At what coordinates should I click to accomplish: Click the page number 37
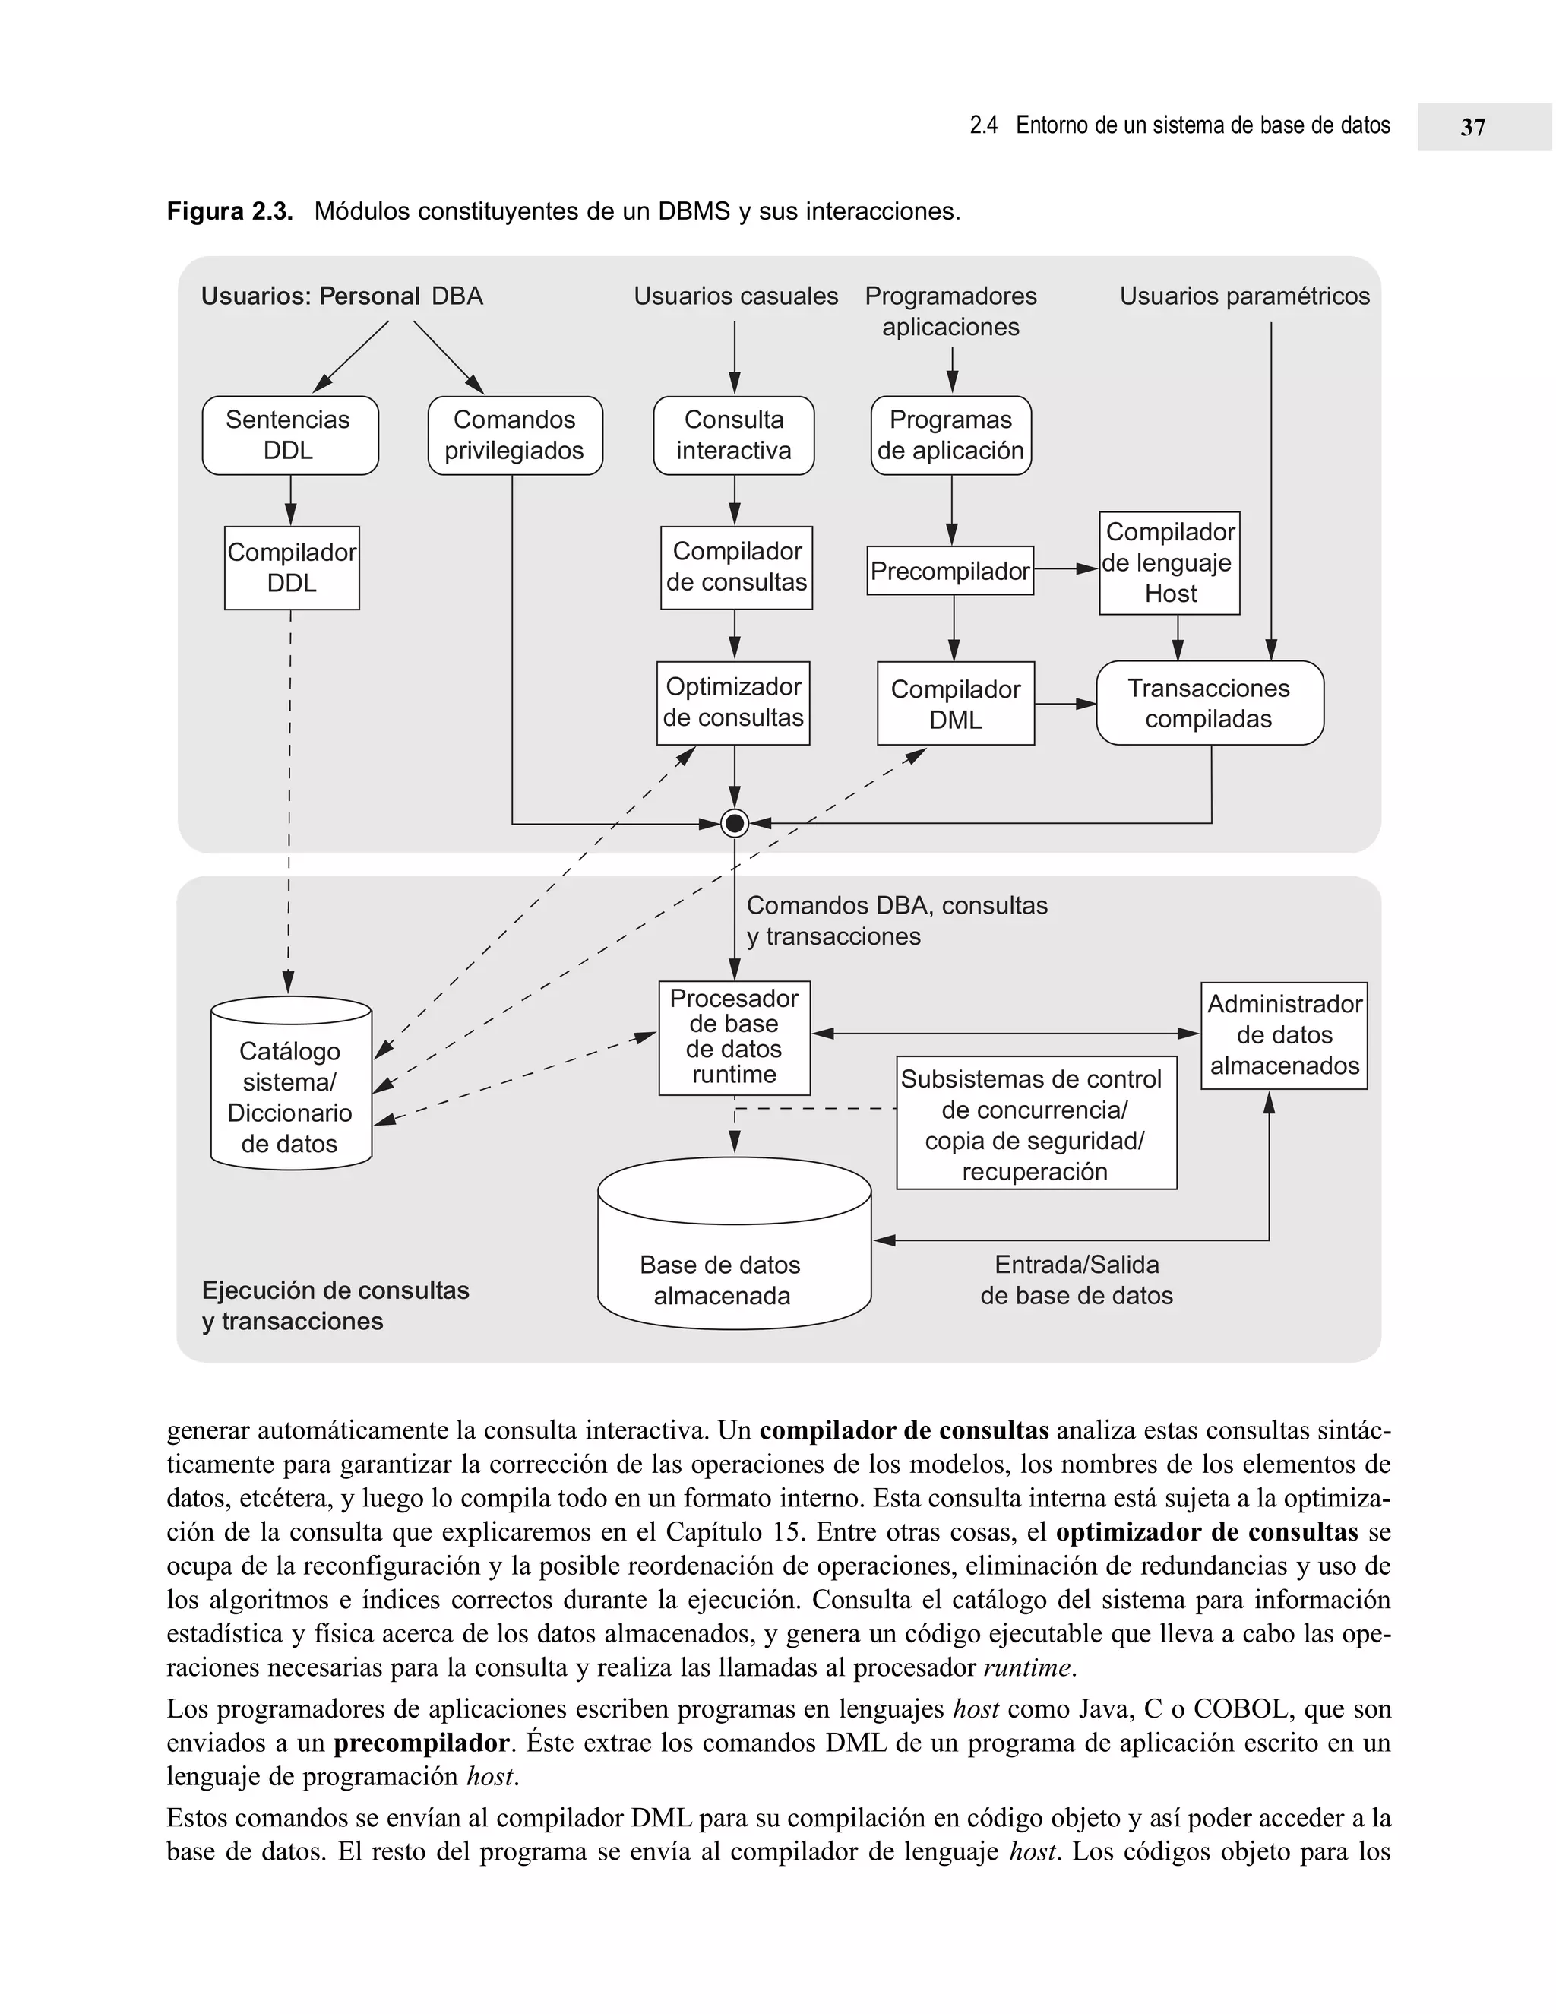1472,127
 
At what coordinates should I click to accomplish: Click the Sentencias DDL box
289,435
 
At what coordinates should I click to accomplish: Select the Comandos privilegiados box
514,435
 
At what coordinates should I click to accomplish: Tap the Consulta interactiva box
734,435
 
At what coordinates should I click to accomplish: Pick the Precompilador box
950,571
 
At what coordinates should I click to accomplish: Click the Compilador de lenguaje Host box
1169,562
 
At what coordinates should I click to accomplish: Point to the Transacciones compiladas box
1209,703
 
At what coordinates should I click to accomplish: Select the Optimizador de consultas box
734,703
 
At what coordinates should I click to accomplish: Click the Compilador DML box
955,704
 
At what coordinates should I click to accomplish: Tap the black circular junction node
735,822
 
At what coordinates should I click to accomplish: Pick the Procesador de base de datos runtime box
734,1037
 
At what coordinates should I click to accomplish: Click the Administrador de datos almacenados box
1283,1034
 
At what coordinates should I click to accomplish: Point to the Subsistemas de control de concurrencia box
1036,1123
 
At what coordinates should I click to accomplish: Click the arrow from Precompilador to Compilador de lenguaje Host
1067,570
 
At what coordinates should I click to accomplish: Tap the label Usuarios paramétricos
1244,296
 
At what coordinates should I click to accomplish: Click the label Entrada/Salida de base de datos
1076,1280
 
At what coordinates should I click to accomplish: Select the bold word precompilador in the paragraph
421,1743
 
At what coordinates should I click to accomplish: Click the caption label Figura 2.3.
229,211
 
